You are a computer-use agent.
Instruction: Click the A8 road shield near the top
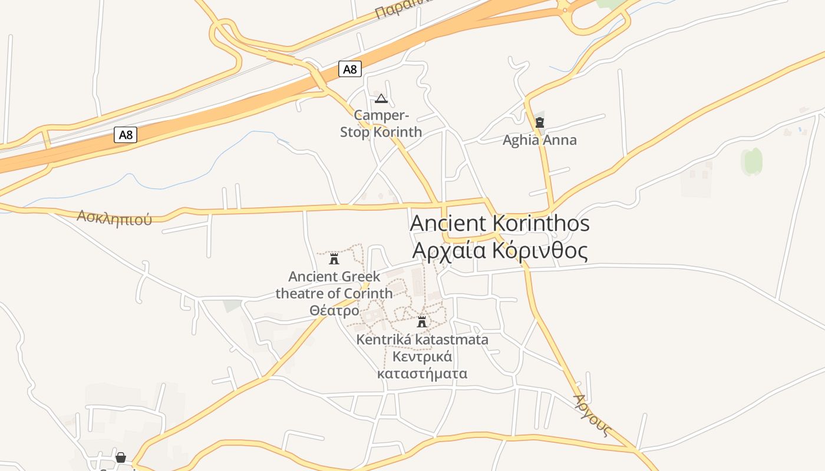pos(350,69)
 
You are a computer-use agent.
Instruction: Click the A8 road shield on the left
pos(126,135)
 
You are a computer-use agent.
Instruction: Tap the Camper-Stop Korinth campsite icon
pos(381,98)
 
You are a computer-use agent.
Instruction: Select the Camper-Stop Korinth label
pos(381,124)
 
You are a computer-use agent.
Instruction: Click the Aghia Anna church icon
pos(539,123)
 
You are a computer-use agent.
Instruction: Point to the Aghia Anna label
pos(539,140)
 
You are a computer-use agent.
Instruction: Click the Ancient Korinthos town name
pos(499,224)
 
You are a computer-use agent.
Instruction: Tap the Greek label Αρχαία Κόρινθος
pos(500,251)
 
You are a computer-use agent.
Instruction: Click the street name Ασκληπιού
pos(114,218)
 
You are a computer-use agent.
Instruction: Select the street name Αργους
pos(591,415)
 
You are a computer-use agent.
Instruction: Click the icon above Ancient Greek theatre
pos(334,258)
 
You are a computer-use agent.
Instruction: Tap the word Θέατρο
pos(334,310)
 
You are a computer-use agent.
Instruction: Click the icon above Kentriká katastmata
pos(421,321)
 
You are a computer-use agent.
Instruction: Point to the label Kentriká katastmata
pos(422,340)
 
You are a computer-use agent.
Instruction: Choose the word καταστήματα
pos(422,373)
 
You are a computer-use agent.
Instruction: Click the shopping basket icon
pos(121,457)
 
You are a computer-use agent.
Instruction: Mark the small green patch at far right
pos(753,161)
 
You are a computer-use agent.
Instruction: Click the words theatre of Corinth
pos(334,293)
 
